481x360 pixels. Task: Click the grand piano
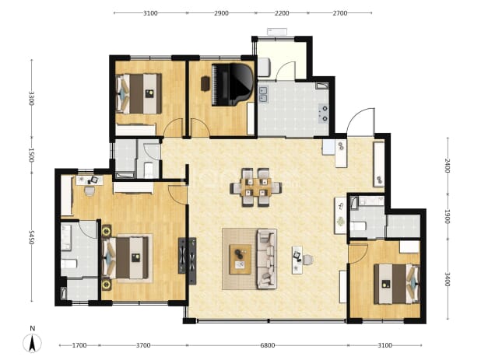pyautogui.click(x=233, y=85)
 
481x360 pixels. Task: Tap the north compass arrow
pyautogui.click(x=32, y=343)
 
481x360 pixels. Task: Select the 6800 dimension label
pyautogui.click(x=268, y=345)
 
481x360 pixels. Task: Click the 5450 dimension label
pyautogui.click(x=31, y=237)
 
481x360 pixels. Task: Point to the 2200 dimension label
pyautogui.click(x=282, y=13)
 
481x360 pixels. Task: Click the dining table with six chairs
pyautogui.click(x=256, y=187)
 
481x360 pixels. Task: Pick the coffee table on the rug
pyautogui.click(x=240, y=259)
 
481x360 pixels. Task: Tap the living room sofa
pyautogui.click(x=266, y=259)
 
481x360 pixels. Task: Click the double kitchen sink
pyautogui.click(x=263, y=94)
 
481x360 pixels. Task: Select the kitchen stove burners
pyautogui.click(x=324, y=114)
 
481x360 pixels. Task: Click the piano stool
pyautogui.click(x=205, y=84)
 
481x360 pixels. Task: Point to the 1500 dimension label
pyautogui.click(x=31, y=156)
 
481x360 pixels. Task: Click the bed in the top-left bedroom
pyautogui.click(x=139, y=94)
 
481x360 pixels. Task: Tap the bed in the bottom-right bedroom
pyautogui.click(x=397, y=284)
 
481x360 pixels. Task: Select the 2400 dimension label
pyautogui.click(x=448, y=166)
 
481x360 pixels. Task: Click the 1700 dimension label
pyautogui.click(x=79, y=345)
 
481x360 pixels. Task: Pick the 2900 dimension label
pyautogui.click(x=221, y=13)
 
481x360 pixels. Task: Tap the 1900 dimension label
pyautogui.click(x=448, y=217)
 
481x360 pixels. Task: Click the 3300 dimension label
pyautogui.click(x=31, y=98)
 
